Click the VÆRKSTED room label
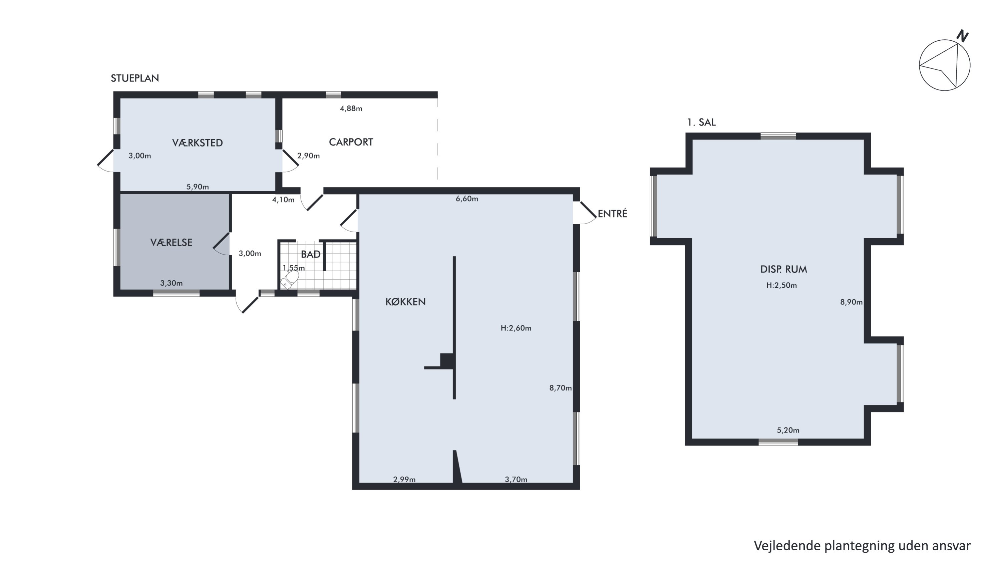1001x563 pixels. [198, 143]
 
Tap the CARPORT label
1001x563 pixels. [351, 142]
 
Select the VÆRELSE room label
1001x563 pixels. [172, 242]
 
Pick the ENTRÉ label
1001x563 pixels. [612, 213]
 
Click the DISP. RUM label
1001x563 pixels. [783, 269]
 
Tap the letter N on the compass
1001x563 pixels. [962, 36]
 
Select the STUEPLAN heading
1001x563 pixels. [135, 78]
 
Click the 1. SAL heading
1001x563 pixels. [701, 122]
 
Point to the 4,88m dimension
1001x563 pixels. [351, 108]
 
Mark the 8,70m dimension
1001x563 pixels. [560, 388]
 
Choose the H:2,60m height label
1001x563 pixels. [516, 328]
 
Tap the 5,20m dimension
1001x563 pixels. [788, 430]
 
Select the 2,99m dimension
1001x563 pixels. [404, 479]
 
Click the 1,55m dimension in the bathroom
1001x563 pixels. [293, 268]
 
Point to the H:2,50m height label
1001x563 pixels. [781, 285]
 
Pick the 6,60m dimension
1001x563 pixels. [467, 199]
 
